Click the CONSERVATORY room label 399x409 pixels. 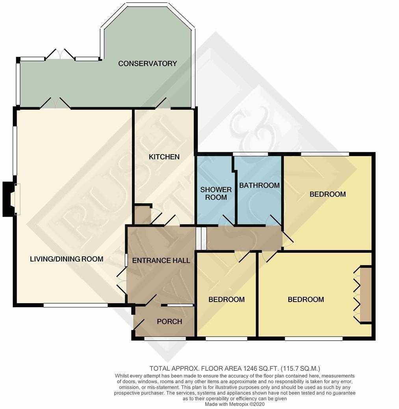[148, 63]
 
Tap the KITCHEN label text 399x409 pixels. [164, 157]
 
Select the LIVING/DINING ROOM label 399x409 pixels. [67, 259]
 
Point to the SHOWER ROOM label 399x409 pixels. [216, 193]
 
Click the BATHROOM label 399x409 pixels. [259, 185]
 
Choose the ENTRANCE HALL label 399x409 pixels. [161, 260]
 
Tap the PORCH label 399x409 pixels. [169, 321]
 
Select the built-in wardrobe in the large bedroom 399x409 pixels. [366, 295]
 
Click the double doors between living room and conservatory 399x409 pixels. [56, 104]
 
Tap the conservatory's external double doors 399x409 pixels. [60, 55]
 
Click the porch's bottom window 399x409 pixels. [165, 338]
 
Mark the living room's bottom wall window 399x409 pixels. [75, 305]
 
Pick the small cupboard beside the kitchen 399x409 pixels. [142, 214]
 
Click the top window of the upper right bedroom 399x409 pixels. [325, 154]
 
